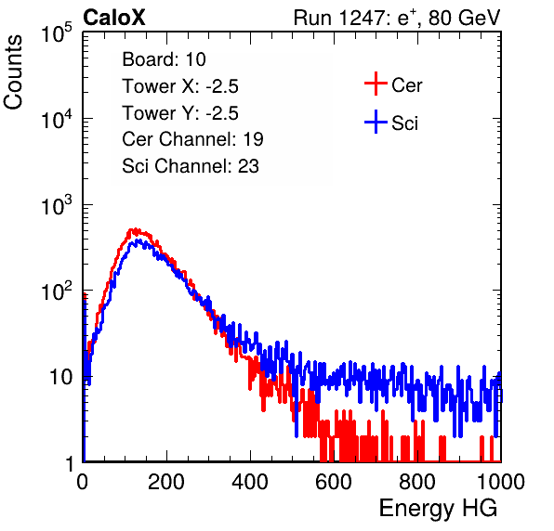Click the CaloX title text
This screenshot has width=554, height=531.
113,18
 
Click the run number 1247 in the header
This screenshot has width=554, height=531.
362,18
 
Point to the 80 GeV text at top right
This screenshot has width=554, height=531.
464,19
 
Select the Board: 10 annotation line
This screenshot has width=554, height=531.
164,59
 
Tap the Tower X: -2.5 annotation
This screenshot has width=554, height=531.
180,86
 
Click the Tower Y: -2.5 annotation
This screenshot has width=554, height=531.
180,113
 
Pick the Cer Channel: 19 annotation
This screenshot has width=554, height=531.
192,139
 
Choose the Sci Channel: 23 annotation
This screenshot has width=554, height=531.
191,166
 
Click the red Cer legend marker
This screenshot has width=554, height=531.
376,84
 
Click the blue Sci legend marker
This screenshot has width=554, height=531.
376,122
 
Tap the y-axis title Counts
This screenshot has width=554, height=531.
13,71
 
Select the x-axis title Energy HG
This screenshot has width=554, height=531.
438,509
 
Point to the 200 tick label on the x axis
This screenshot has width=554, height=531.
166,482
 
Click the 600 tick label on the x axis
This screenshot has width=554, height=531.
334,482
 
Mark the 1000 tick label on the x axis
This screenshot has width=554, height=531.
501,482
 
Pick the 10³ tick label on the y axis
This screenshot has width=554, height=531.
57,205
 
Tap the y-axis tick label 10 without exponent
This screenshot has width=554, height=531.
61,378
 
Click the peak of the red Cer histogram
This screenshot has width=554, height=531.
134,230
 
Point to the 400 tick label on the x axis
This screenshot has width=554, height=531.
250,482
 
